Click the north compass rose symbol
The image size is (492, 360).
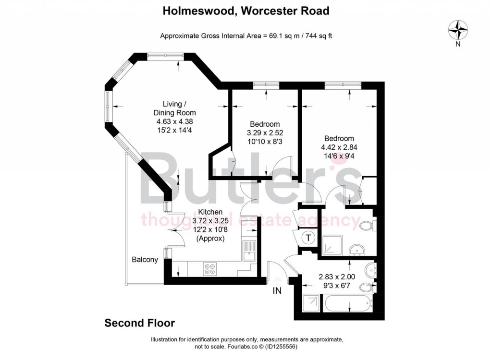(458, 31)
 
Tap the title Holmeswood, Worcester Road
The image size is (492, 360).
(246, 11)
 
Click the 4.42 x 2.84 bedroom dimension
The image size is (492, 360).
(339, 147)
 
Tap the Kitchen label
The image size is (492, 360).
(210, 212)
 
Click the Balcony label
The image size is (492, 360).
(145, 260)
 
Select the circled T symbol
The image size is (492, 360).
(307, 237)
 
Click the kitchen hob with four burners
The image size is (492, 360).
(210, 268)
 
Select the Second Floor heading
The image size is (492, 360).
(139, 323)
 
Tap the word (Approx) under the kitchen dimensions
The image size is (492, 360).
(210, 238)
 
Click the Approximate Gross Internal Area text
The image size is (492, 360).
(246, 35)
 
